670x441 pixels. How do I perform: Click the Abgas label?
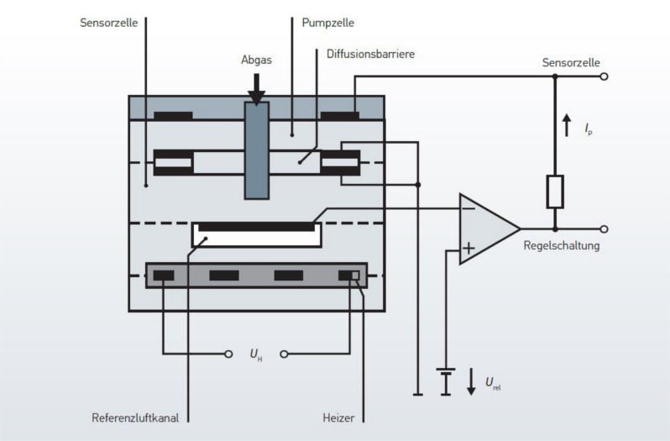(256, 60)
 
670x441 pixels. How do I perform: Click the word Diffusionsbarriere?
(370, 54)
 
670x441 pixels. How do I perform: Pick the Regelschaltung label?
(561, 246)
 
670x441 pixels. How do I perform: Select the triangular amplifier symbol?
(485, 228)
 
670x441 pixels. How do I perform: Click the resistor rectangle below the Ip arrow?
(555, 192)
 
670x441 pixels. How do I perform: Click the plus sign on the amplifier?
(468, 248)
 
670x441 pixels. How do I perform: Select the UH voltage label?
(255, 354)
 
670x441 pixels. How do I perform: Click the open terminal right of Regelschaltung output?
(603, 228)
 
